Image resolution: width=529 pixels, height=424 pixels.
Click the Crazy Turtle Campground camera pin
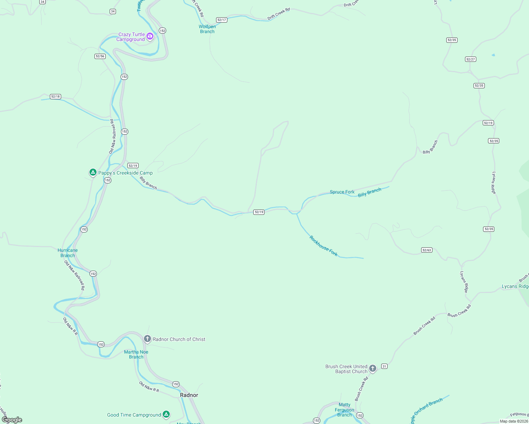150,36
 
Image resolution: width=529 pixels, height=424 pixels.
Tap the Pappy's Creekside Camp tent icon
93,172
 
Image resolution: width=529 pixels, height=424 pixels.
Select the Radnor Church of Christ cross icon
147,339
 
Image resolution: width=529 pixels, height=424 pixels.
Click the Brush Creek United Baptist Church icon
372,369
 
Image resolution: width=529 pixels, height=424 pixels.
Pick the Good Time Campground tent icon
166,414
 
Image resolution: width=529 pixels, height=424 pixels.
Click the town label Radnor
189,395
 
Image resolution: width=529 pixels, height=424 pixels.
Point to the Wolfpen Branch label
207,29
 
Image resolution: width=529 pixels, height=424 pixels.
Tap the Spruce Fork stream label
342,192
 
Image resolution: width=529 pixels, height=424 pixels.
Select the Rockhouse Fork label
324,246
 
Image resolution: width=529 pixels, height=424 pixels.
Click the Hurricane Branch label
68,253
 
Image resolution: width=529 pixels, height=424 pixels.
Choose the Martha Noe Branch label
136,354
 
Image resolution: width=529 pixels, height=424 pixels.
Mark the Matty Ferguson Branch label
344,410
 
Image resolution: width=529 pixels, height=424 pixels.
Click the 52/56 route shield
100,56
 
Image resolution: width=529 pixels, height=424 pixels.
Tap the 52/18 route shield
56,96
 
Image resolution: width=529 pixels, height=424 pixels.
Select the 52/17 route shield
222,20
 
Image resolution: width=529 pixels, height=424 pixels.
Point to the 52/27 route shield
470,59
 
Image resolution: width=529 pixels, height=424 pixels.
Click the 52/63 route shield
427,250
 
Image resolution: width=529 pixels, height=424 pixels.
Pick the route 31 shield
384,366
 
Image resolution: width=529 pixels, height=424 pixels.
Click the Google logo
12,420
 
